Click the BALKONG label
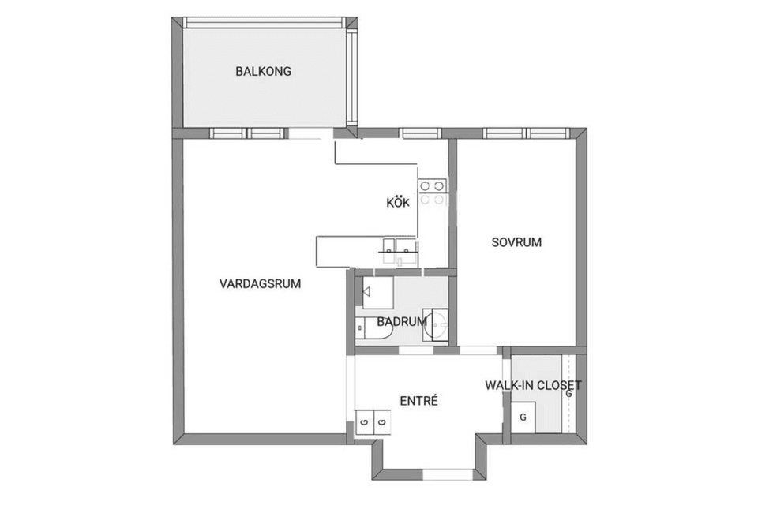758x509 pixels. click(x=263, y=71)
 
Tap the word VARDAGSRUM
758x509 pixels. click(x=260, y=284)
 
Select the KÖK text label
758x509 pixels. click(x=397, y=202)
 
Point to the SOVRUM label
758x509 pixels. click(x=516, y=242)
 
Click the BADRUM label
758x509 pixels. click(x=401, y=322)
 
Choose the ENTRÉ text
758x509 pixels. click(x=418, y=401)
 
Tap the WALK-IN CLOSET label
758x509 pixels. click(x=533, y=385)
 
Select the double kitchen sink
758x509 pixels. click(x=398, y=250)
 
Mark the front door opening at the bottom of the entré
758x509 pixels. click(x=448, y=473)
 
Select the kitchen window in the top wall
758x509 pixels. click(x=420, y=133)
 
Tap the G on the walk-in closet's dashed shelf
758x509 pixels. click(x=568, y=393)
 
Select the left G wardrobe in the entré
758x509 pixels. click(x=365, y=422)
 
